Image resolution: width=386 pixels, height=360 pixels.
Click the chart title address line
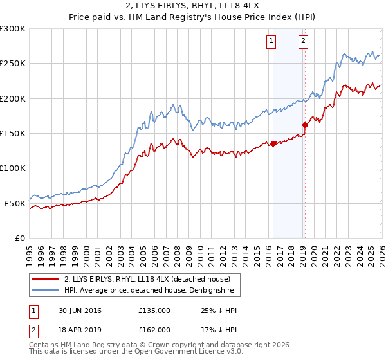(193, 6)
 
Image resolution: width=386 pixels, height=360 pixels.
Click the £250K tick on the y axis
(13, 64)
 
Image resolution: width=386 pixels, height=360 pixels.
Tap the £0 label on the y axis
(21, 238)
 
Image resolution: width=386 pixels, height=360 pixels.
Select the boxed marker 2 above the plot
(302, 41)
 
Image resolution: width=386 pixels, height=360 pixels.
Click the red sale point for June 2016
(273, 143)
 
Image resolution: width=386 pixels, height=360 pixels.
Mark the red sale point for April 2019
(305, 125)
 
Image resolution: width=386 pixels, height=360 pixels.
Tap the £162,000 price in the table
(154, 329)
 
